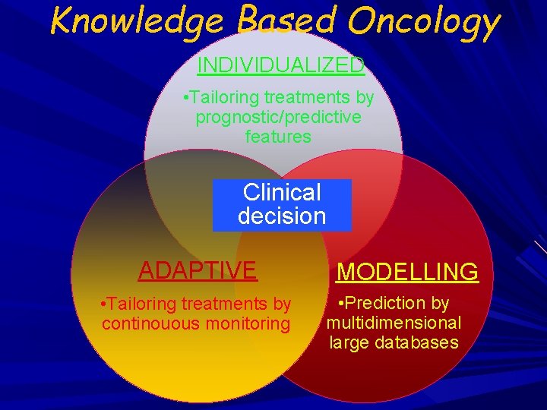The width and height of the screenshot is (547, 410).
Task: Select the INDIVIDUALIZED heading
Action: point(280,65)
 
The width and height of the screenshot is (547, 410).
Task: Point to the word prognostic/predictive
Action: point(278,118)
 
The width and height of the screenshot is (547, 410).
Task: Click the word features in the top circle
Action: point(278,137)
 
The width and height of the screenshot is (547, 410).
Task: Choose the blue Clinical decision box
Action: point(282,204)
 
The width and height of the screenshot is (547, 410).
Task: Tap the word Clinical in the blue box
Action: point(282,193)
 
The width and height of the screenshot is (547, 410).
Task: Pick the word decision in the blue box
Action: point(282,216)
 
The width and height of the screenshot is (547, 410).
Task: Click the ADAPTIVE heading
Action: point(198,270)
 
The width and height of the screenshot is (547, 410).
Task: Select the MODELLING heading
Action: point(407,271)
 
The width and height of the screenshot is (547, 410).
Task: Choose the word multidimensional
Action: point(394,323)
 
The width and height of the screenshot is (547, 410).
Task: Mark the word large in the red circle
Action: point(346,342)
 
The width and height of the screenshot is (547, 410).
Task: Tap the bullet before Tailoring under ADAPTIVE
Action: point(103,304)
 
